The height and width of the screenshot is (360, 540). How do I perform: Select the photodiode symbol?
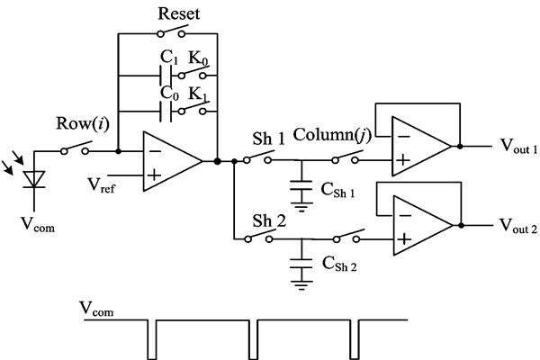point(36,180)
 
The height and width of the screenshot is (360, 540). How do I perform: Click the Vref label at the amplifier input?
point(103,185)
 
